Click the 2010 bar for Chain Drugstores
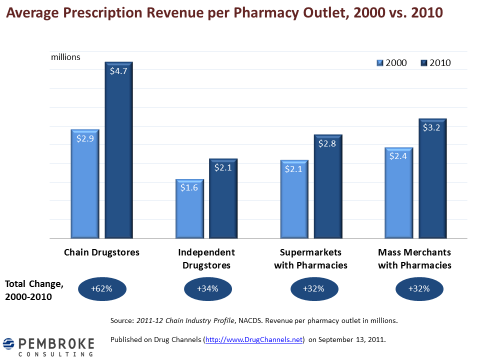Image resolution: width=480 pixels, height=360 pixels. click(118, 150)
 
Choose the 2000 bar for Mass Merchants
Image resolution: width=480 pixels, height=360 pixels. click(398, 192)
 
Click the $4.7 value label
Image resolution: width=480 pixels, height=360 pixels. click(118, 70)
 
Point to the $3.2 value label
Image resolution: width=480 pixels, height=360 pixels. click(432, 127)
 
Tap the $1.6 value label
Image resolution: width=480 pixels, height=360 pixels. click(189, 188)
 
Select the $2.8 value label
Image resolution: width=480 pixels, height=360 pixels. click(328, 143)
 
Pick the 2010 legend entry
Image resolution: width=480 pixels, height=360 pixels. click(435, 63)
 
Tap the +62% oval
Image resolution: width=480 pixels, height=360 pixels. click(102, 288)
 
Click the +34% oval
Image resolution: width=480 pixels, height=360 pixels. click(208, 288)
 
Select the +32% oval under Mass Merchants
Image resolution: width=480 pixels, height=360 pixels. click(419, 288)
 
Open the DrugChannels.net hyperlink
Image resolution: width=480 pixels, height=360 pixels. click(254, 339)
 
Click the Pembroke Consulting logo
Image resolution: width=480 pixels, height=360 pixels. click(48, 346)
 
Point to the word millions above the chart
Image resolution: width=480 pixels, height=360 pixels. click(65, 57)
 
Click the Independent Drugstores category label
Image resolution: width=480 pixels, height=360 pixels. click(206, 258)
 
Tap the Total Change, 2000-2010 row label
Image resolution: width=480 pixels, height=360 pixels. click(34, 290)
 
